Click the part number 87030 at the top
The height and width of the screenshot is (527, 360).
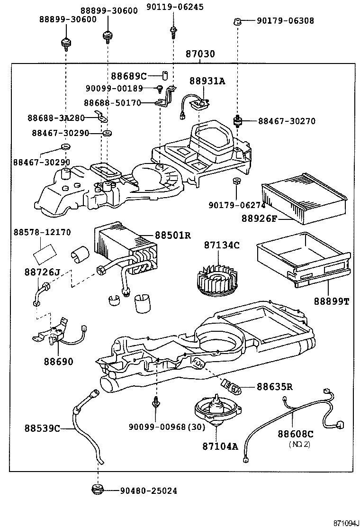[200, 54]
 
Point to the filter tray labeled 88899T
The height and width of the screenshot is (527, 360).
[304, 263]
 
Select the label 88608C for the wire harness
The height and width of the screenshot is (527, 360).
[296, 434]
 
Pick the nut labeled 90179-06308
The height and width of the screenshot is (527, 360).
[239, 21]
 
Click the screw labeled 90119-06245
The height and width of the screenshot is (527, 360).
[173, 31]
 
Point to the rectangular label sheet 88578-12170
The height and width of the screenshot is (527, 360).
[45, 252]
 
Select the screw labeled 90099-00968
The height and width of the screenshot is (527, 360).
[155, 402]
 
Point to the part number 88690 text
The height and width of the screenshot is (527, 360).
[59, 362]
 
